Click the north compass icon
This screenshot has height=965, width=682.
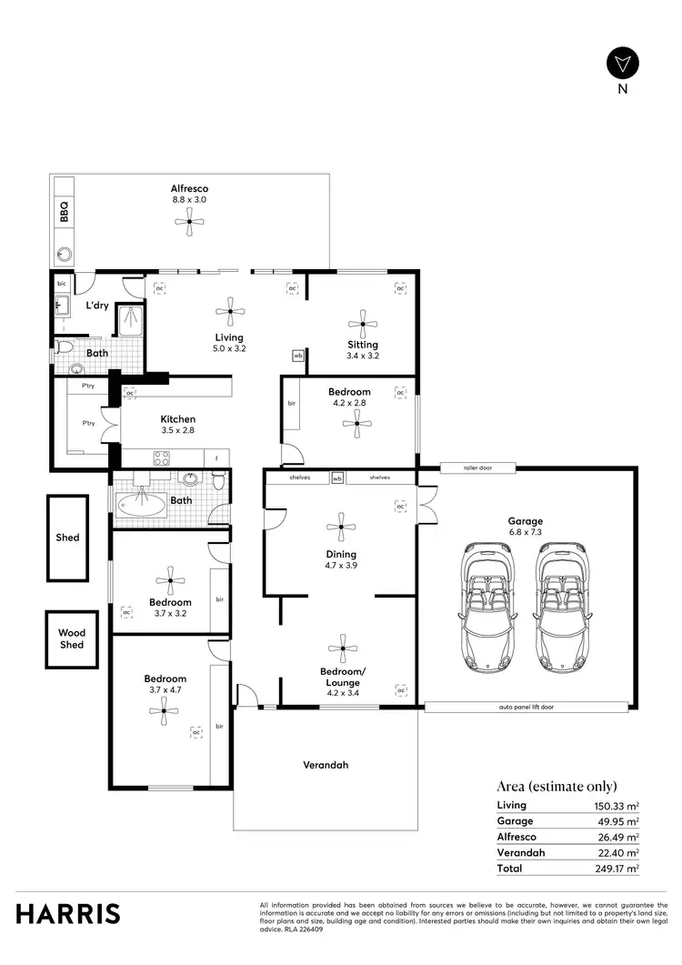pos(623,63)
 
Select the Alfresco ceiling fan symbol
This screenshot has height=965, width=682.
pos(189,222)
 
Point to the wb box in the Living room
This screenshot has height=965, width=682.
pos(297,357)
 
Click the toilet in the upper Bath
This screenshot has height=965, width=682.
pos(63,346)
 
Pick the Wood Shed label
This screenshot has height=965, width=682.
pos(72,638)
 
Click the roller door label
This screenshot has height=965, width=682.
pos(477,469)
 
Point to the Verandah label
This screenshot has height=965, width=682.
pos(326,765)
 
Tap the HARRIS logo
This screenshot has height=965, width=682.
pos(67,914)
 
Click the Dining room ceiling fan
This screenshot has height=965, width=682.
pos(340,526)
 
